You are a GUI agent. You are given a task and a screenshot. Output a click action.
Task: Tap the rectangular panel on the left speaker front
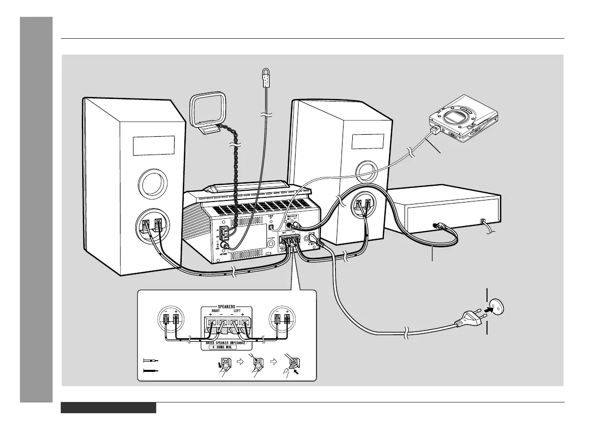[x=153, y=145]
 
